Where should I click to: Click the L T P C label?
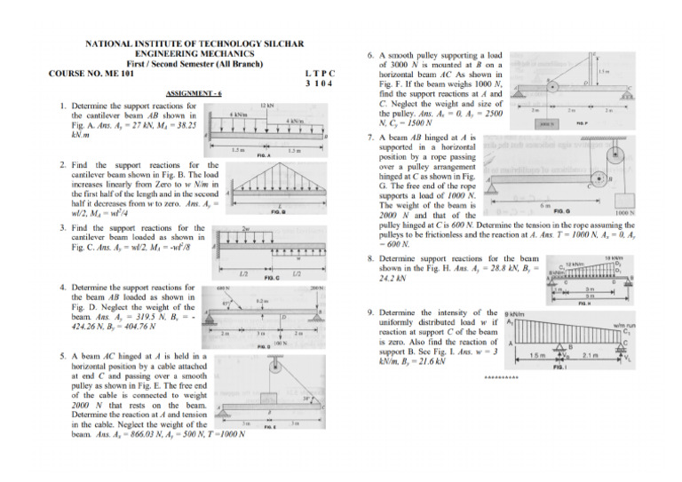click(x=318, y=74)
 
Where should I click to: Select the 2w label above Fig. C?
click(x=245, y=228)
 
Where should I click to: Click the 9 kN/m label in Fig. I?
click(x=513, y=315)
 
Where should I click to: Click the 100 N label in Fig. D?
click(x=278, y=340)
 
